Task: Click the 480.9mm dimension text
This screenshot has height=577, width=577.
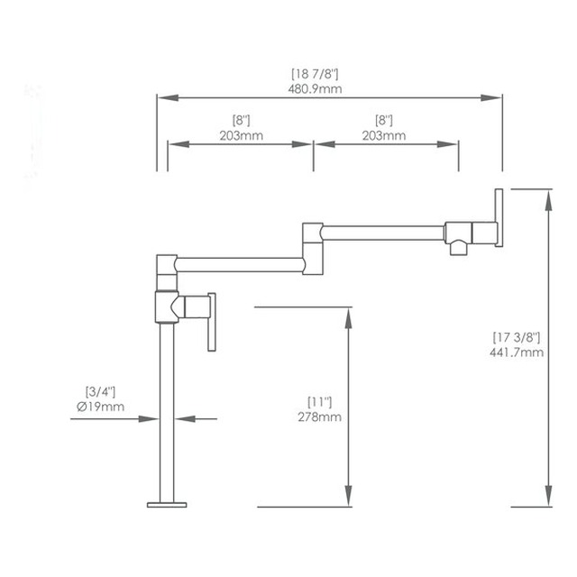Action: coord(315,88)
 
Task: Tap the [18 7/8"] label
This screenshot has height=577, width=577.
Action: coord(315,74)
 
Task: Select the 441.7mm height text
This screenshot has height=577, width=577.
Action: coord(517,353)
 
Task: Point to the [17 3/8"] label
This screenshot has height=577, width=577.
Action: coord(517,337)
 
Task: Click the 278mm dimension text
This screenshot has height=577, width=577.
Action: coord(319,417)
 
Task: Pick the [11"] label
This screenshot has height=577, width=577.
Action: coord(319,402)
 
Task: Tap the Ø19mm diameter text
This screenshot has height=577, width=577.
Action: coord(100,407)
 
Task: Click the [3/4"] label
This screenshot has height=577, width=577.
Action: coord(100,391)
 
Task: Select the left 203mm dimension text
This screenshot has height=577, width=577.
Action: coord(242,135)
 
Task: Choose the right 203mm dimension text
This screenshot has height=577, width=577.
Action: coord(384,135)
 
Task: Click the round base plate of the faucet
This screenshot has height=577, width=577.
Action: coord(167,505)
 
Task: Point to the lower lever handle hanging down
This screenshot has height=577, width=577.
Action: coord(212,322)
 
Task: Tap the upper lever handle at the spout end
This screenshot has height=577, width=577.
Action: coord(499,218)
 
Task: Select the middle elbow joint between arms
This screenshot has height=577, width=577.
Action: coord(313,249)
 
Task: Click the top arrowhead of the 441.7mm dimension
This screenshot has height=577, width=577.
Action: coord(548,200)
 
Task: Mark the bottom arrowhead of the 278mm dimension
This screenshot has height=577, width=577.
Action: coord(348,496)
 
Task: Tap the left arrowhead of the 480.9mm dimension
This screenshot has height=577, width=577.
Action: coord(169,97)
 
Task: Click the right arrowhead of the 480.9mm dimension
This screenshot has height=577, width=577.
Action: coord(491,97)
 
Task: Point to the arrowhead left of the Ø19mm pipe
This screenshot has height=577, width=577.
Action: coord(149,418)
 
